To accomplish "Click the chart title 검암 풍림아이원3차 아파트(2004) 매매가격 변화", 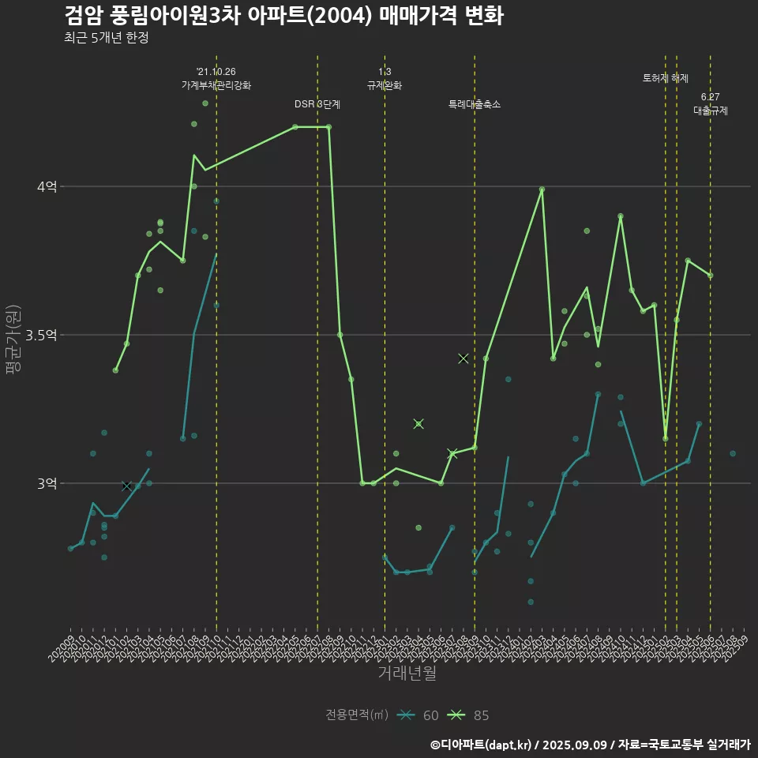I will point(283,16).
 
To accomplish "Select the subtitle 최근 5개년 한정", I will point(107,38).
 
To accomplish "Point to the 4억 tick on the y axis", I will point(47,187).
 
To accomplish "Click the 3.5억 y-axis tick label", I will point(42,335).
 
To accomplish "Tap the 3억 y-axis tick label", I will point(47,483).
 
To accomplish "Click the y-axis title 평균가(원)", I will point(12,340).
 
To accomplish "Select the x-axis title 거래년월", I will point(407,674).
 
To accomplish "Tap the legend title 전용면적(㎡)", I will point(357,715).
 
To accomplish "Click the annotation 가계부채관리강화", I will point(216,85).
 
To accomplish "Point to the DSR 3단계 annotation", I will point(317,104).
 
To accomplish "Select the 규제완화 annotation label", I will point(385,85).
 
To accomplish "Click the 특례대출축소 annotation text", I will point(475,104).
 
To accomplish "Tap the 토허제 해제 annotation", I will point(666,78).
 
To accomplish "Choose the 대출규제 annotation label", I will point(711,111).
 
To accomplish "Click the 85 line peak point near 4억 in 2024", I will point(542,189).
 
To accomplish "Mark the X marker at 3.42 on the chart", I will point(463,358).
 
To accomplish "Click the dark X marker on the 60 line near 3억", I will point(126,486).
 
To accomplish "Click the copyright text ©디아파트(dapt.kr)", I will point(482,745).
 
